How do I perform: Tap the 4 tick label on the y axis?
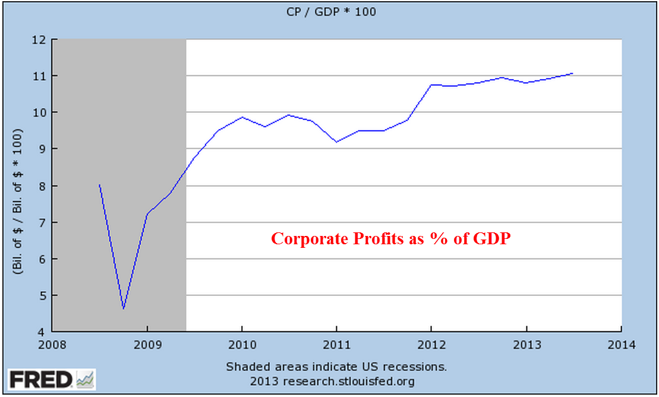[42, 332]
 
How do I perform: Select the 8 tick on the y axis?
[42, 186]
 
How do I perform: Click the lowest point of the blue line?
[123, 309]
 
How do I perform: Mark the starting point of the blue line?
[99, 185]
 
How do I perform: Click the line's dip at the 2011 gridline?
[336, 141]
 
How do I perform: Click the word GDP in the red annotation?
[493, 239]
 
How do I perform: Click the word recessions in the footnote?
[419, 366]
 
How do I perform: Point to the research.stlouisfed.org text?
[349, 380]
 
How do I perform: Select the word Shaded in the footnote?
[244, 366]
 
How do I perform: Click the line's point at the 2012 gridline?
[431, 85]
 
